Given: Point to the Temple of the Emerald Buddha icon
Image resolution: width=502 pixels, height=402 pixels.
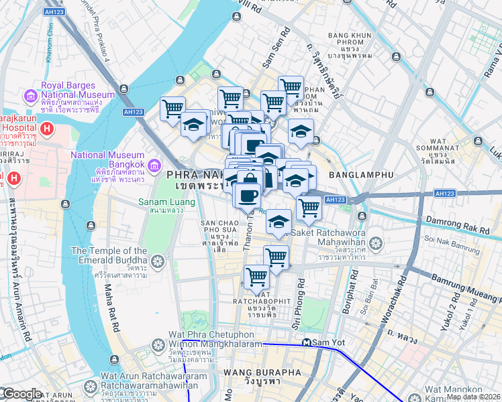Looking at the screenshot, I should (158, 261).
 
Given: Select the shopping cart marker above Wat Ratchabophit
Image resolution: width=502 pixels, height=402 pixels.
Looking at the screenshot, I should (256, 276).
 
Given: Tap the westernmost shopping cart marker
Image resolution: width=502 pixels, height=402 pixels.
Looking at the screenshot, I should (172, 108).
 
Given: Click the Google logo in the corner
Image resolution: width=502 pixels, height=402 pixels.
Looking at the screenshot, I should (21, 394).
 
